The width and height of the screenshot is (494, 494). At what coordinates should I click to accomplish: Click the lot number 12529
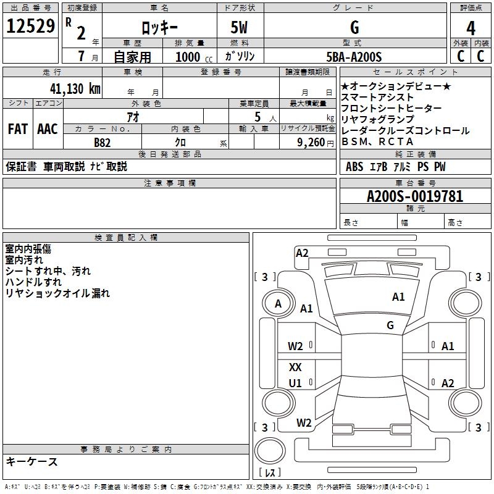[x=31, y=27]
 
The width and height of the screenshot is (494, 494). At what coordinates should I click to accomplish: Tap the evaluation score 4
[x=471, y=28]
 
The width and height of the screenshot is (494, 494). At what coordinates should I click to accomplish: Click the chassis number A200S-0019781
[x=414, y=197]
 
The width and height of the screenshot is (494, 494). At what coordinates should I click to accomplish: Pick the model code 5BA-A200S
[x=354, y=57]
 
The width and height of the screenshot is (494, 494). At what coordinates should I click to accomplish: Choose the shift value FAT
[x=17, y=129]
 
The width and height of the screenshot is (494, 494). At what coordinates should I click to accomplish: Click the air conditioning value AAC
[x=47, y=129]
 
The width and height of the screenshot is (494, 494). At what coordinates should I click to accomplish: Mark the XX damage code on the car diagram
[x=295, y=367]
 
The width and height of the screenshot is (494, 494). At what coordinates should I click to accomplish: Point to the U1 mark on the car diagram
[x=295, y=383]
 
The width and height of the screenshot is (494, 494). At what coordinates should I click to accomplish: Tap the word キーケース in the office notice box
[x=32, y=461]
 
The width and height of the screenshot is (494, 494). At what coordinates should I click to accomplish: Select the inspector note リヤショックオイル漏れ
[x=57, y=294]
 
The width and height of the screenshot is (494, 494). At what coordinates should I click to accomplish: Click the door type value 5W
[x=240, y=28]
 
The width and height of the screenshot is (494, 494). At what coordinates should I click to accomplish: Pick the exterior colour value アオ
[x=133, y=117]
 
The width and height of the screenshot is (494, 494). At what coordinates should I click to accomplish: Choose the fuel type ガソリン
[x=240, y=57]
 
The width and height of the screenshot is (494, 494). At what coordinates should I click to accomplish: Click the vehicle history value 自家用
[x=132, y=57]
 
